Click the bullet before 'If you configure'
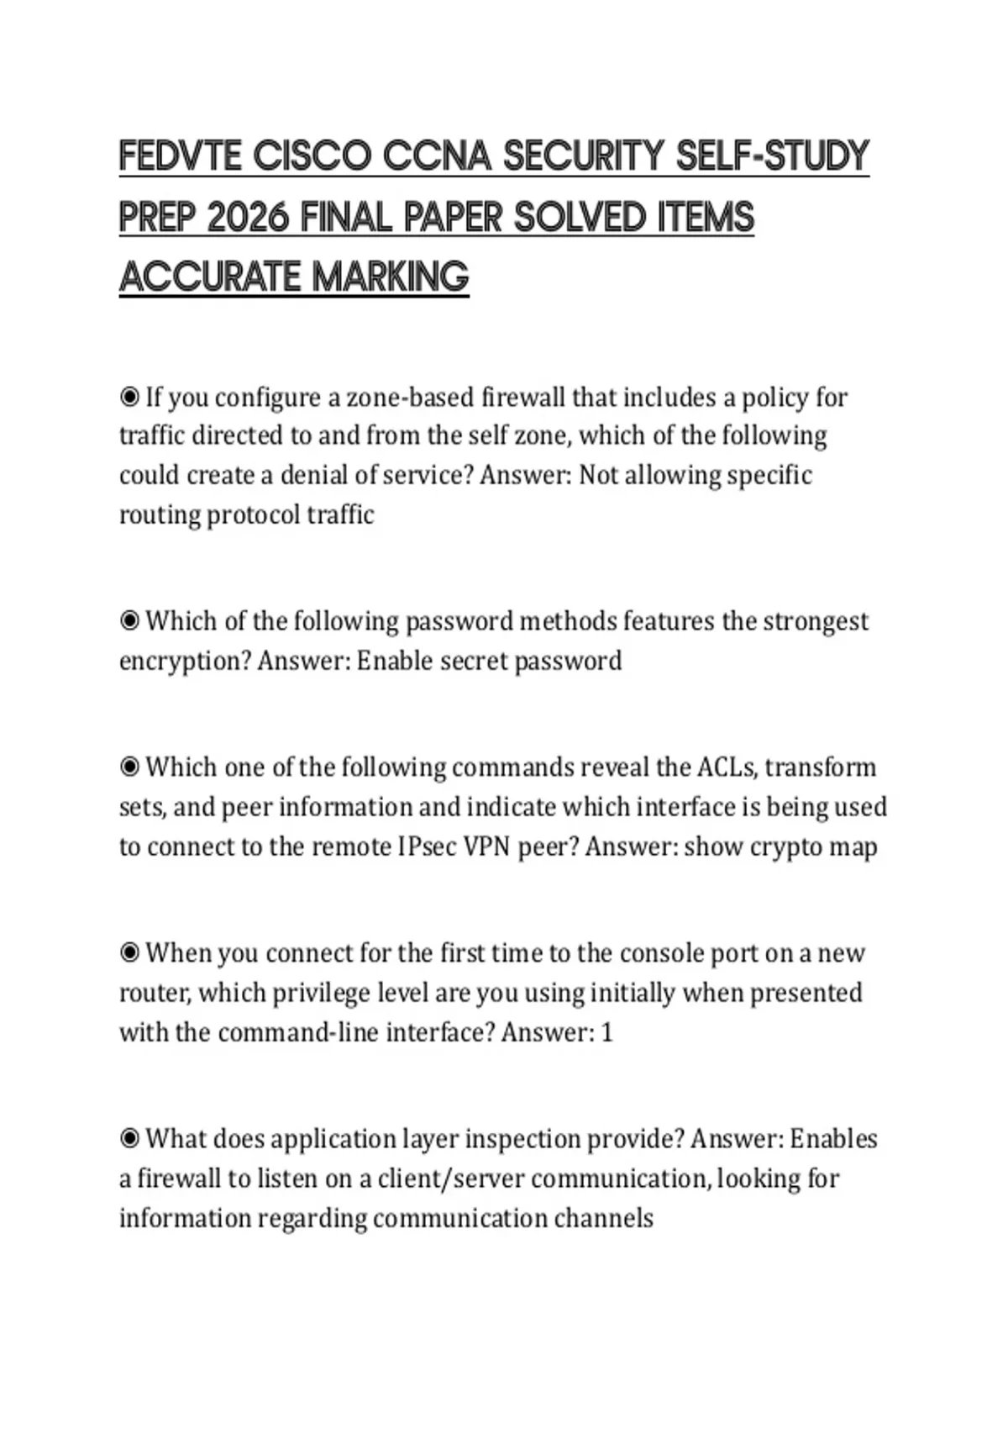tap(129, 396)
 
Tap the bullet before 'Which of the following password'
tap(129, 620)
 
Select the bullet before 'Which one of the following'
tap(129, 767)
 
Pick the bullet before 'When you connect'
tap(129, 952)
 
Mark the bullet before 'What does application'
tap(129, 1138)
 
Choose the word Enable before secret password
tap(395, 661)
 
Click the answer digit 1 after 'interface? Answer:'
tap(607, 1032)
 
